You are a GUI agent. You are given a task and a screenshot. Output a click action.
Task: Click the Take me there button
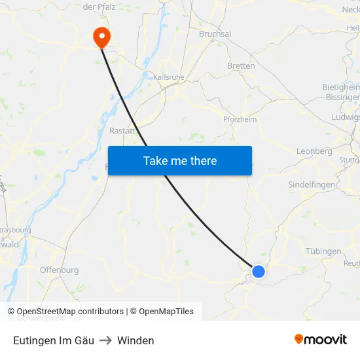[180, 160]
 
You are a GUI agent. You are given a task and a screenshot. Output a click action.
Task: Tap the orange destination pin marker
[102, 36]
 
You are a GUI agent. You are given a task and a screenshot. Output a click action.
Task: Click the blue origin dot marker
[259, 271]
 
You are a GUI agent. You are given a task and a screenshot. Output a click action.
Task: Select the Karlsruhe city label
[168, 77]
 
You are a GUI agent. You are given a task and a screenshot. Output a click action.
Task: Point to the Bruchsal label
[215, 34]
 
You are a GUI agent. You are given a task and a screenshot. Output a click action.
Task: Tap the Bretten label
[241, 66]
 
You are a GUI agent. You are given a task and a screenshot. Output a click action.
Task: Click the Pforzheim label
[240, 119]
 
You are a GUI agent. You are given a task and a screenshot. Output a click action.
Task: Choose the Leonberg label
[314, 151]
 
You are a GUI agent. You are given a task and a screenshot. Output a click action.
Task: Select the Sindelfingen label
[313, 185]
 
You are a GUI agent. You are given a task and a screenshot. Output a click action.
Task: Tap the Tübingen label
[323, 251]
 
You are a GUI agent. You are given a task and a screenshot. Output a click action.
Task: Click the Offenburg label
[59, 270]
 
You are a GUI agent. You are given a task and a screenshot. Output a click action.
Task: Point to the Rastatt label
[122, 131]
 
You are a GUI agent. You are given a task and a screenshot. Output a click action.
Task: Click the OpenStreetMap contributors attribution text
[69, 312]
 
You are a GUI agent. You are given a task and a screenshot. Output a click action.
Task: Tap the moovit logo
[320, 340]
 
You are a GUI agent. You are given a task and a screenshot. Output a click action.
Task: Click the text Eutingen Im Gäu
[54, 340]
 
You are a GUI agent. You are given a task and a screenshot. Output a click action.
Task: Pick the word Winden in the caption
[135, 340]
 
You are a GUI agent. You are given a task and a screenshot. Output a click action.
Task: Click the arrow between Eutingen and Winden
[105, 340]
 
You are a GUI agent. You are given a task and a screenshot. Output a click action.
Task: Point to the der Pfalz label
[99, 7]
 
